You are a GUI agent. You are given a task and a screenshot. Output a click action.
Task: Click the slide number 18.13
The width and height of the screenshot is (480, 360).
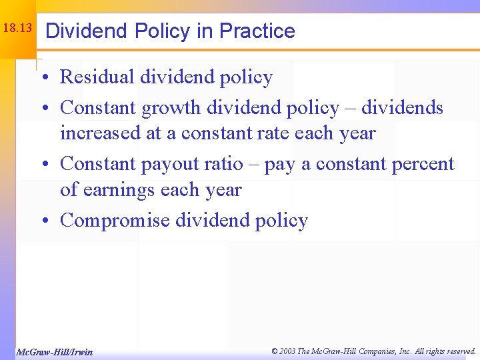tap(17, 29)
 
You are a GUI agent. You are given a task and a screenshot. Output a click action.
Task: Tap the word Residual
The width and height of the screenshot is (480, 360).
tap(97, 77)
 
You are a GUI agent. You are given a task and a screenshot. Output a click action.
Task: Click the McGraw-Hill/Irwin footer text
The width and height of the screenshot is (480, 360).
tap(54, 352)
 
